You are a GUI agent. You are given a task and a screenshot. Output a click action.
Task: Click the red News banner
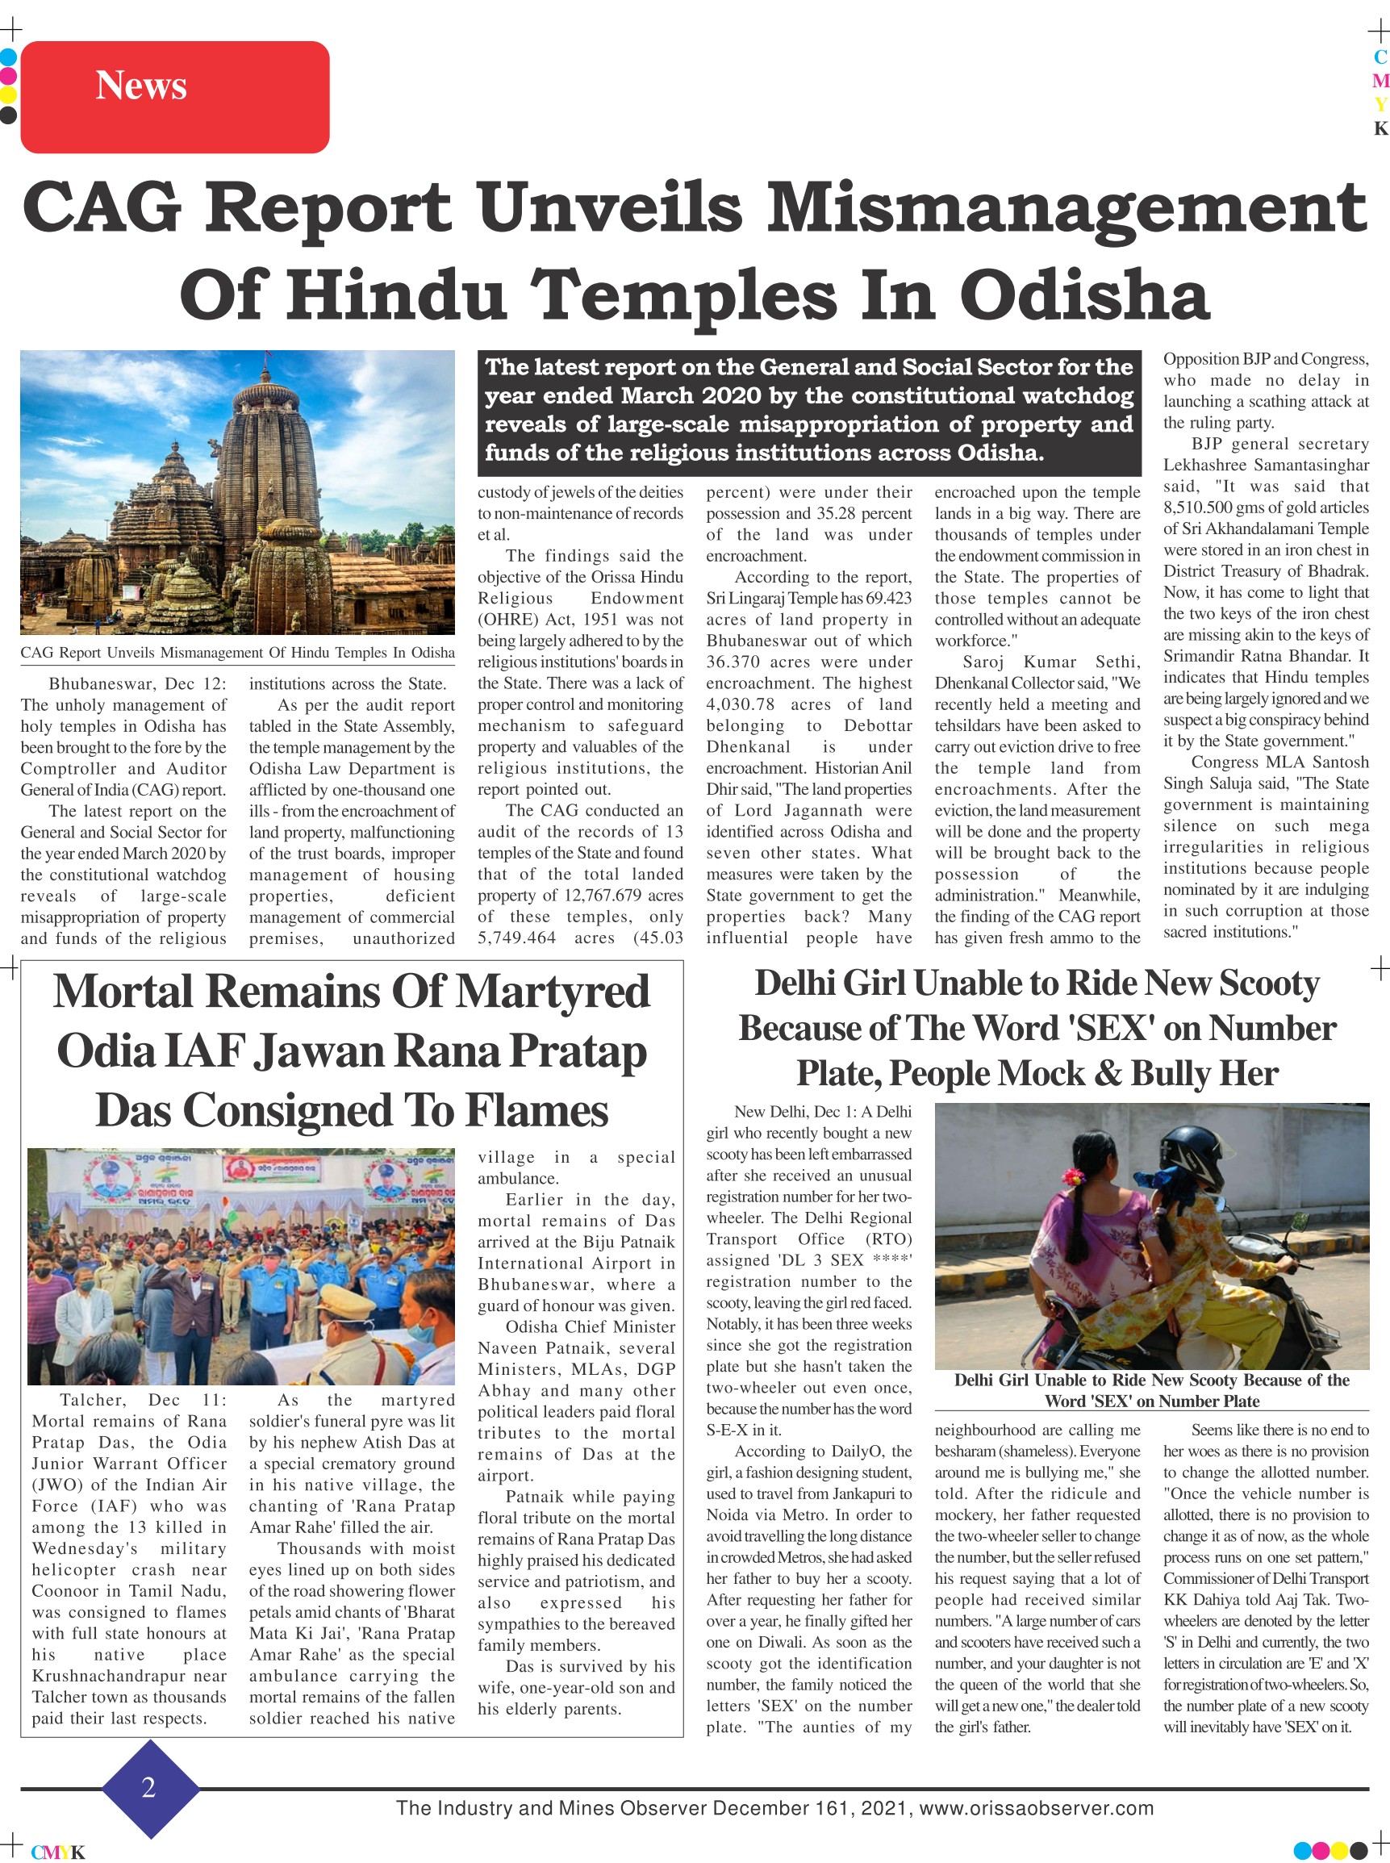[174, 97]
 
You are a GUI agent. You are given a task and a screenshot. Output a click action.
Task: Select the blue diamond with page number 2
[150, 1786]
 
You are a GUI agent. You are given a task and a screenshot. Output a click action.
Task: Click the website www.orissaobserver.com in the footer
[1036, 1807]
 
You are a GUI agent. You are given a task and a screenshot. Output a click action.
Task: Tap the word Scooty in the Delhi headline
[1268, 983]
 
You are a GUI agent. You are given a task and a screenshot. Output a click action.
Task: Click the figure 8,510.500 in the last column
[1206, 508]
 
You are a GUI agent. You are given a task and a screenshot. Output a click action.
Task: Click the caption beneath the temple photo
[237, 652]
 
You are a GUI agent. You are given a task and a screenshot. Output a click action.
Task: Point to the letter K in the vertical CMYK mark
[1380, 129]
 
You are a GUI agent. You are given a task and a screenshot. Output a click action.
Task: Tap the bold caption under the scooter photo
[1151, 1390]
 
